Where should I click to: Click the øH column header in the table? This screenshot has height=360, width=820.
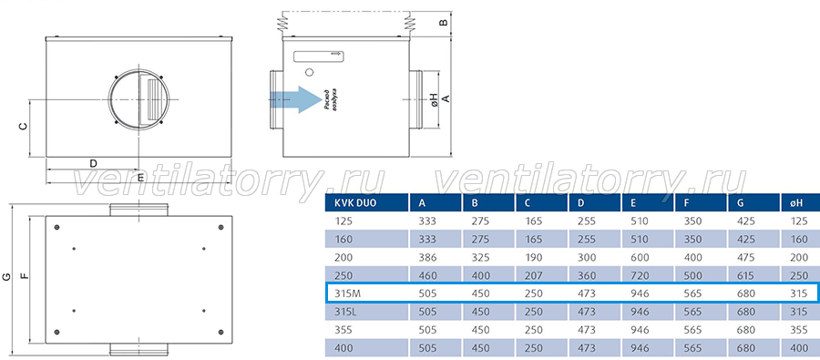pyautogui.click(x=797, y=203)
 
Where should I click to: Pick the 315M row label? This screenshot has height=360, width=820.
pyautogui.click(x=347, y=293)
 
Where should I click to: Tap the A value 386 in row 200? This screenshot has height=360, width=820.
pyautogui.click(x=427, y=257)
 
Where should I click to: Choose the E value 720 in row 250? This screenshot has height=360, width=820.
pyautogui.click(x=640, y=276)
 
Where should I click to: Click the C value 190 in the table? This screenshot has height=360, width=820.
pyautogui.click(x=533, y=257)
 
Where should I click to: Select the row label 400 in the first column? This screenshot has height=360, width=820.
pyautogui.click(x=343, y=348)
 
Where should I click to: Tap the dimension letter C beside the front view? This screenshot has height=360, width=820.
pyautogui.click(x=23, y=126)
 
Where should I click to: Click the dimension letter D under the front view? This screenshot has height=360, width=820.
pyautogui.click(x=93, y=163)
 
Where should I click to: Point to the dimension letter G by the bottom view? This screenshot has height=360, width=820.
pyautogui.click(x=6, y=276)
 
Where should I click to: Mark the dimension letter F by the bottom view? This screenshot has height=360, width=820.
pyautogui.click(x=24, y=276)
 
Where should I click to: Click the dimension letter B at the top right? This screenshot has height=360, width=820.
pyautogui.click(x=443, y=23)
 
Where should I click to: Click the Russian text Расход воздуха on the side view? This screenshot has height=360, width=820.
pyautogui.click(x=331, y=98)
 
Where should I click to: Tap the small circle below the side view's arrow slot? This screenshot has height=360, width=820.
pyautogui.click(x=309, y=72)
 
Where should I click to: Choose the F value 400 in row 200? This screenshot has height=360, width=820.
pyautogui.click(x=693, y=257)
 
